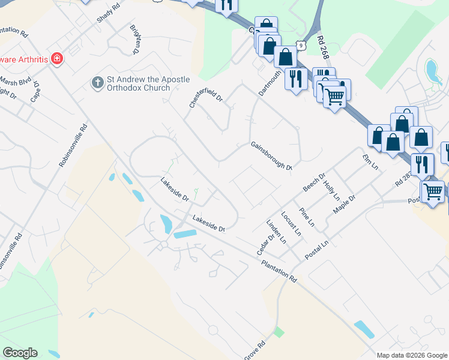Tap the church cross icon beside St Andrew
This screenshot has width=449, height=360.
[97, 82]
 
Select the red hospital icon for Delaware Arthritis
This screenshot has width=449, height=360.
[56, 59]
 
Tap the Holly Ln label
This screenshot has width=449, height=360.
[331, 190]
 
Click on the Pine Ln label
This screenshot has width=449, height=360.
[306, 217]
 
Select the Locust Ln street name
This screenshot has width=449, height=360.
[291, 222]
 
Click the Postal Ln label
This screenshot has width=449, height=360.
[316, 250]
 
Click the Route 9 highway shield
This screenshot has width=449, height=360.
[300, 45]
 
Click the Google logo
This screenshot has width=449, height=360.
[20, 353]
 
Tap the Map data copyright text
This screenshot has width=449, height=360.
[412, 355]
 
